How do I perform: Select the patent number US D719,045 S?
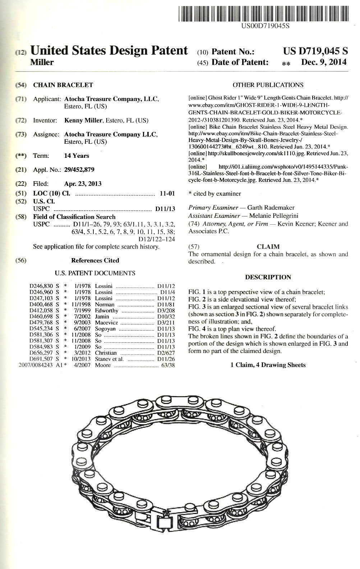pos(315,51)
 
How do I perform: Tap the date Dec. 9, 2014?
pos(324,62)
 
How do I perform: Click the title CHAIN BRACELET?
pos(63,85)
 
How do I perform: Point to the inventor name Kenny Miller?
pos(83,120)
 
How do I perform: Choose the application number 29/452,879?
pos(79,170)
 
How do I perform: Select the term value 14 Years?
pos(77,156)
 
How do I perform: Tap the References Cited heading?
pos(95,261)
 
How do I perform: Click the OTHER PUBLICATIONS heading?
pos(268,85)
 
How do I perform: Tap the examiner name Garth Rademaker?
pos(271,208)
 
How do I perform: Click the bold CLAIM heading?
pos(268,247)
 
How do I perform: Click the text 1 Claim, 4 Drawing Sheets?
pos(268,365)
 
